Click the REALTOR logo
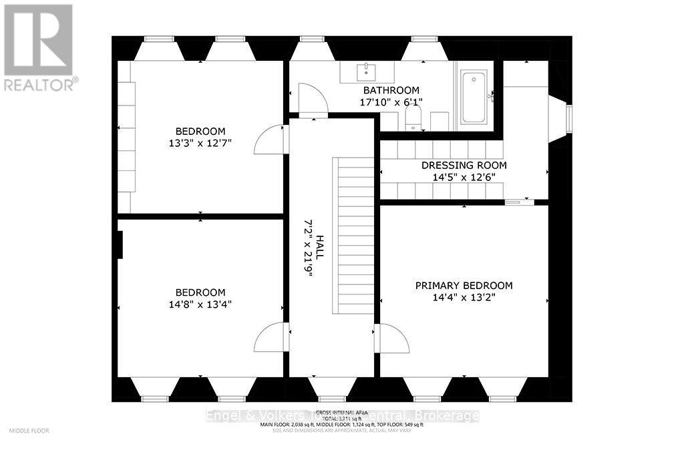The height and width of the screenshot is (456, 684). tap(39, 47)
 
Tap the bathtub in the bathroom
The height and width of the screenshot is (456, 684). tap(474, 97)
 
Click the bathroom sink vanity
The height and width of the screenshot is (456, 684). tap(367, 71)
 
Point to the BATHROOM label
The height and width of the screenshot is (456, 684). tap(391, 90)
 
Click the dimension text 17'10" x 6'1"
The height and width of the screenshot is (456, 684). tap(391, 102)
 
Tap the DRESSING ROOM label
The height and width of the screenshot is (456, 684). tap(464, 165)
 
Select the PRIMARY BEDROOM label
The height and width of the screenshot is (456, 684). tap(464, 285)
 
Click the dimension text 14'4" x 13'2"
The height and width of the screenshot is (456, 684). tap(464, 297)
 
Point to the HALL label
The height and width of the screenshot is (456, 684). tap(320, 246)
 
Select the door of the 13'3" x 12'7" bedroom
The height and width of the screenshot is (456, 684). tap(271, 140)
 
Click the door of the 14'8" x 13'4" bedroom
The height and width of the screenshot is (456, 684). tap(271, 336)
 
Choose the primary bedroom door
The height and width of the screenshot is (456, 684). tap(393, 338)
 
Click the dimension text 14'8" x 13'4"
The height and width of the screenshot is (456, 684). tap(200, 304)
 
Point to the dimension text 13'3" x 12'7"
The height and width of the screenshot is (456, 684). tap(200, 143)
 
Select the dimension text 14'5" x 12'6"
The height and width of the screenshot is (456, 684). tap(464, 177)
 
